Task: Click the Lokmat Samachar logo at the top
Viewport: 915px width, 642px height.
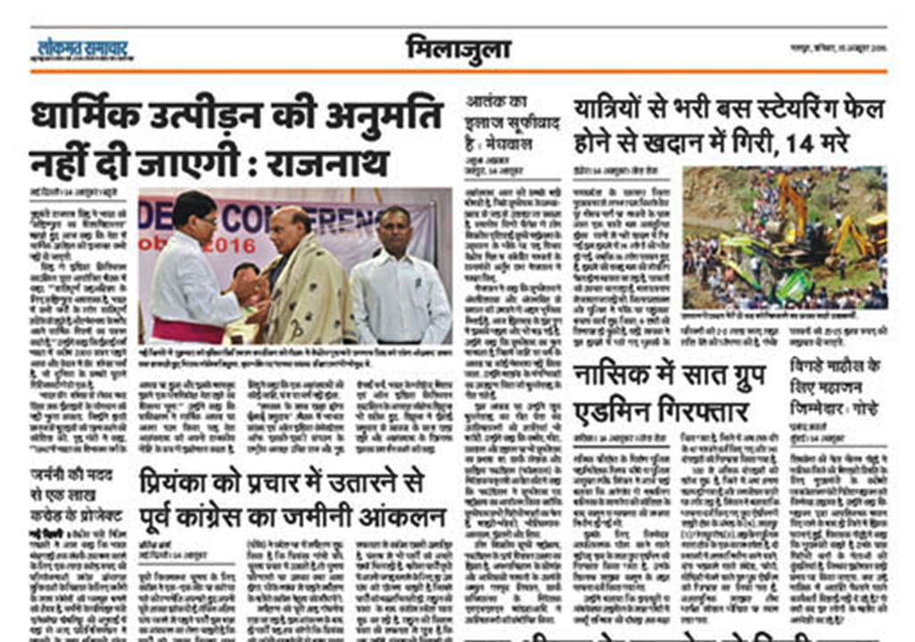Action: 84,49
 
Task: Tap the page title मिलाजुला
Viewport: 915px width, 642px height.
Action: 457,48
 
